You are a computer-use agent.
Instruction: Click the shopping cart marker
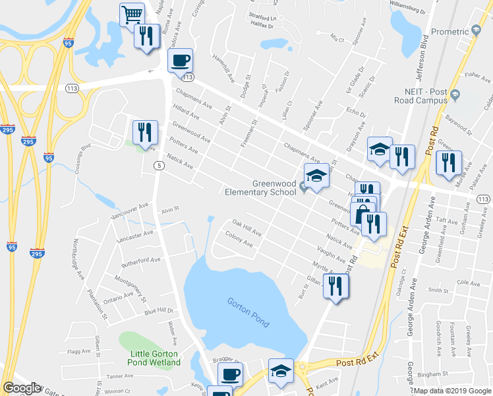pos(132,14)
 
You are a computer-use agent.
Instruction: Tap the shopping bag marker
pos(362,213)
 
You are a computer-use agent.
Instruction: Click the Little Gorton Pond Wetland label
pos(155,358)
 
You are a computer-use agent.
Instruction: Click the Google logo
pos(22,388)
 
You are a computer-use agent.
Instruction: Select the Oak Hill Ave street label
pos(246,230)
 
